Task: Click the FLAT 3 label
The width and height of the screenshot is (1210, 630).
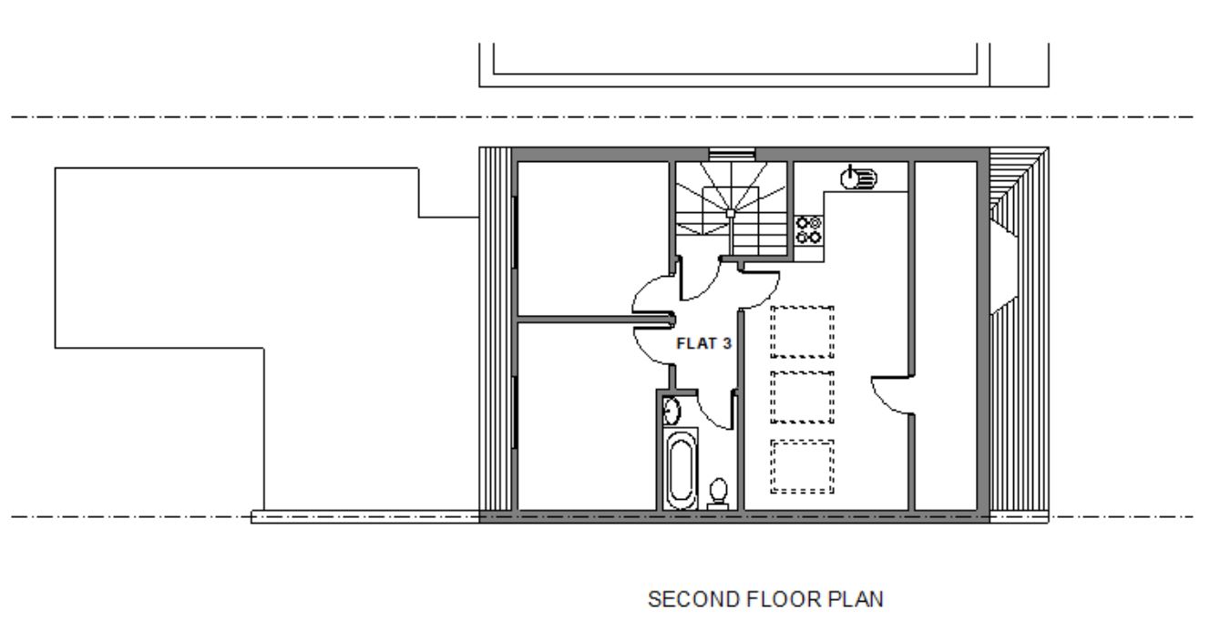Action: pos(703,343)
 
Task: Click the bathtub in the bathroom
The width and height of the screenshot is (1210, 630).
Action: pos(681,469)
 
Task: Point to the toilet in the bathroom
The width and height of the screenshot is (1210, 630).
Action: pos(718,493)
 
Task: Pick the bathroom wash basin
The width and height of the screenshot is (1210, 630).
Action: pos(672,412)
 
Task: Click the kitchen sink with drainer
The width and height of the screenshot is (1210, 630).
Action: pos(858,178)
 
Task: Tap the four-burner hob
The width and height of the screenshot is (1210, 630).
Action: pos(809,230)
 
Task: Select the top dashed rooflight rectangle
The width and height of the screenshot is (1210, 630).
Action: pos(802,332)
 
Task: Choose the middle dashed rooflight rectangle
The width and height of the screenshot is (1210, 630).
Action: pos(802,397)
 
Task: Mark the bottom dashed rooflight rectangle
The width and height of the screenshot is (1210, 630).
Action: pos(802,466)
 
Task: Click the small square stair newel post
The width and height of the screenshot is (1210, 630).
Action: pos(731,213)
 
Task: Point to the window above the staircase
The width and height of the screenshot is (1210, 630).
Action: pos(732,155)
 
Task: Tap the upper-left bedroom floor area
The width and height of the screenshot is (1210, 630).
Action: pos(593,239)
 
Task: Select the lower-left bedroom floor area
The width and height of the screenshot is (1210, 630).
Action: pos(587,416)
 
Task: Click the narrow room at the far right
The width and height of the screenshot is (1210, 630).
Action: pos(946,335)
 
